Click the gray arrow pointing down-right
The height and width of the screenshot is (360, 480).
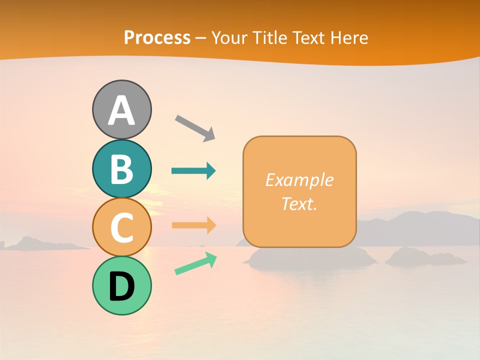[195, 127]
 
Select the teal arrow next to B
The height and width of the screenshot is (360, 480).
[193, 171]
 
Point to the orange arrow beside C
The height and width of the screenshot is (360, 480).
[193, 225]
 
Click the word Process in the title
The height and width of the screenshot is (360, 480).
[157, 37]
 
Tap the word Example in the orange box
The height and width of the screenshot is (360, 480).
[299, 180]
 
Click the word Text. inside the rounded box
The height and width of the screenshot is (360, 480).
[299, 203]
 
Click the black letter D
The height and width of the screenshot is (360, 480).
[121, 287]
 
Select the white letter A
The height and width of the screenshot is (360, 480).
[121, 111]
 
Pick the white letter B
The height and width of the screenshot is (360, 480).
[121, 169]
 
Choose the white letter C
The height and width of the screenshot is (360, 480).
[121, 227]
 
